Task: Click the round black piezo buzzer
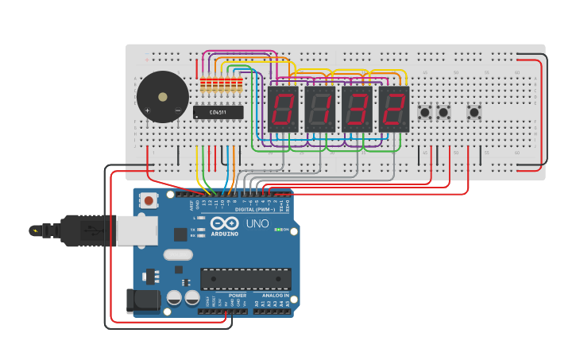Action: click(162, 97)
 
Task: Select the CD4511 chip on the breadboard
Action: click(218, 112)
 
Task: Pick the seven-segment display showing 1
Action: click(320, 109)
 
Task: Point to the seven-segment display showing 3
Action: click(357, 109)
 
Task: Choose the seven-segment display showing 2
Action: click(393, 109)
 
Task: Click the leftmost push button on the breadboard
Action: click(425, 112)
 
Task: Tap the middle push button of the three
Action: click(443, 112)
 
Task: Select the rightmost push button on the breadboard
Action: click(474, 112)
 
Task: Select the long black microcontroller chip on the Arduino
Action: click(245, 279)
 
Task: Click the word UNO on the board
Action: click(257, 223)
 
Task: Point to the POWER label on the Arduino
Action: click(237, 295)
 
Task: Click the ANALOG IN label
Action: click(276, 295)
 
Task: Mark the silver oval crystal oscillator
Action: click(178, 255)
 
